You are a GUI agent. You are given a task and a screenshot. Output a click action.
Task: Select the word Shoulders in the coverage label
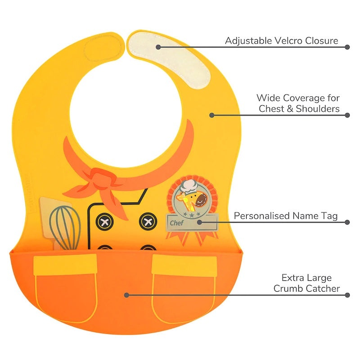click(318, 109)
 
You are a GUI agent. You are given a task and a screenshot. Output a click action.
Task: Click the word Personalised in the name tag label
click(261, 216)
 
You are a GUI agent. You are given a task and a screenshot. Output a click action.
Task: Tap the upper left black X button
click(105, 221)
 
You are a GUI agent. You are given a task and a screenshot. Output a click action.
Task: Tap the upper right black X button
click(148, 221)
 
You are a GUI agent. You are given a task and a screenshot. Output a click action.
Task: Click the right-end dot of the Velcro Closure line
click(347, 47)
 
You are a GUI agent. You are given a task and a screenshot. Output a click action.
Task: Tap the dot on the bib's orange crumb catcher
click(127, 295)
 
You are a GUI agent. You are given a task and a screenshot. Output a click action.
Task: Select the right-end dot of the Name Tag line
click(347, 222)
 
